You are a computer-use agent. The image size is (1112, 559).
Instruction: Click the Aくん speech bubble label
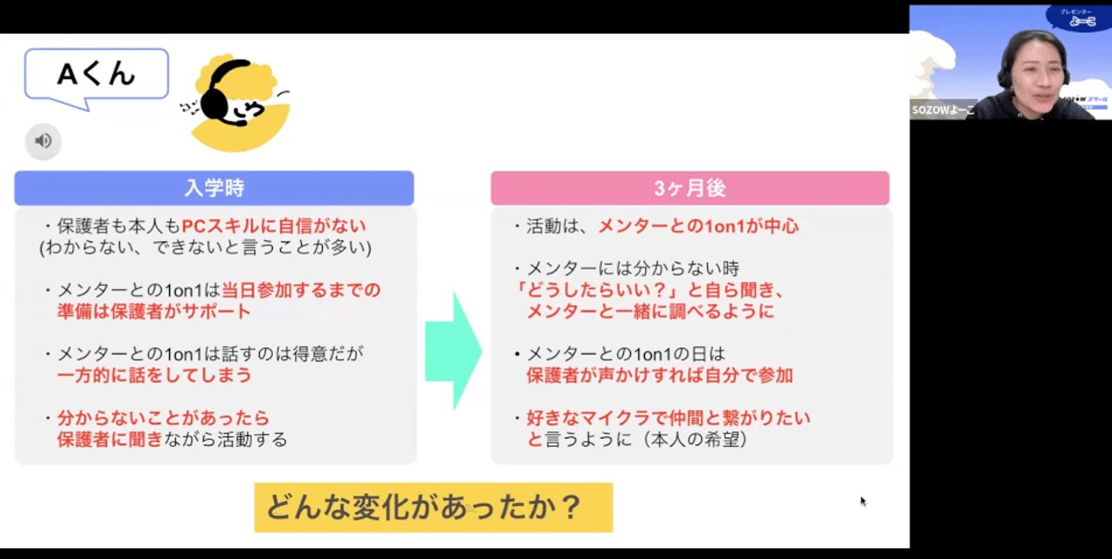coord(97,74)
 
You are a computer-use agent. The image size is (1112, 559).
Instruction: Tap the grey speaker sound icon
coord(43,141)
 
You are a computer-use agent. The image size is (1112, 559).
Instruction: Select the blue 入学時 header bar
coord(214,188)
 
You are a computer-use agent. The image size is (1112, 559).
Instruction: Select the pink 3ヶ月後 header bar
coord(690,188)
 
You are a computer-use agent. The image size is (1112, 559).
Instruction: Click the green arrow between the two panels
coord(453,351)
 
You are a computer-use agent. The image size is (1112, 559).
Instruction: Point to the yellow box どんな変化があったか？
coord(433,507)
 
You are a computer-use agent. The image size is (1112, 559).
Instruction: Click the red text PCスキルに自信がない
coord(274,226)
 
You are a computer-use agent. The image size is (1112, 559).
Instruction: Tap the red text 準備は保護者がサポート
coord(154,312)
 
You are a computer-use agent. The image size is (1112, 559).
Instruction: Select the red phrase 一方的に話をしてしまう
coord(154,375)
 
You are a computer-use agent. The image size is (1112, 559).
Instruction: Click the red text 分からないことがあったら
coord(164,418)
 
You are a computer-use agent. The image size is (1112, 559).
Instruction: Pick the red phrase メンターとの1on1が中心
coord(698,226)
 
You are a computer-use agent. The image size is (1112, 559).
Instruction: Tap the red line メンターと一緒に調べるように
coord(650,312)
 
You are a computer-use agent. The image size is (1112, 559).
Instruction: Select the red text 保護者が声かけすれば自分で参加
coord(659,375)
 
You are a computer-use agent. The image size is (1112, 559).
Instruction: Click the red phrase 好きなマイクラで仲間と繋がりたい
coord(668,418)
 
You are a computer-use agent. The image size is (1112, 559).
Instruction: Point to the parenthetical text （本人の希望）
coord(693,439)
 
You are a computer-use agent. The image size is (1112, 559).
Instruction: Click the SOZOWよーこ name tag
coord(943,110)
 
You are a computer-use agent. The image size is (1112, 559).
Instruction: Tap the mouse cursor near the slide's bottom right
coord(863,501)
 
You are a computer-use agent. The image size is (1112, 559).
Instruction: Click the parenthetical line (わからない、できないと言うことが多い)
coord(205,247)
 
